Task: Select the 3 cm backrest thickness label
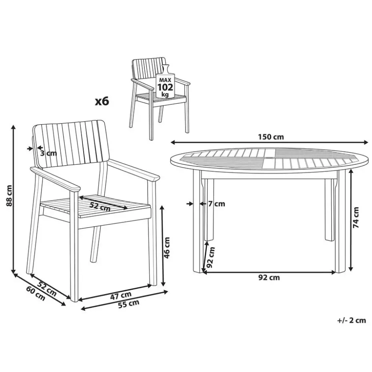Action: pyautogui.click(x=48, y=152)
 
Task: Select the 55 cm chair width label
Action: pyautogui.click(x=128, y=304)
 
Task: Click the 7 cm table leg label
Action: pyautogui.click(x=216, y=204)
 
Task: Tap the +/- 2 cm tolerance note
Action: pyautogui.click(x=351, y=320)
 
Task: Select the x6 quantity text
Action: pyautogui.click(x=102, y=102)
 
